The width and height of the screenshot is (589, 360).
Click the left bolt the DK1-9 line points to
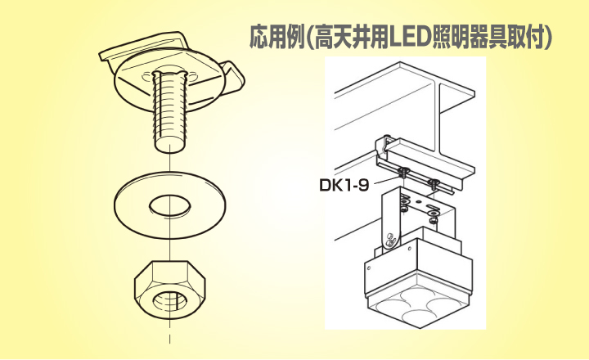tap(404, 172)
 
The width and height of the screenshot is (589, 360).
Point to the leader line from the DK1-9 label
tap(388, 180)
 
